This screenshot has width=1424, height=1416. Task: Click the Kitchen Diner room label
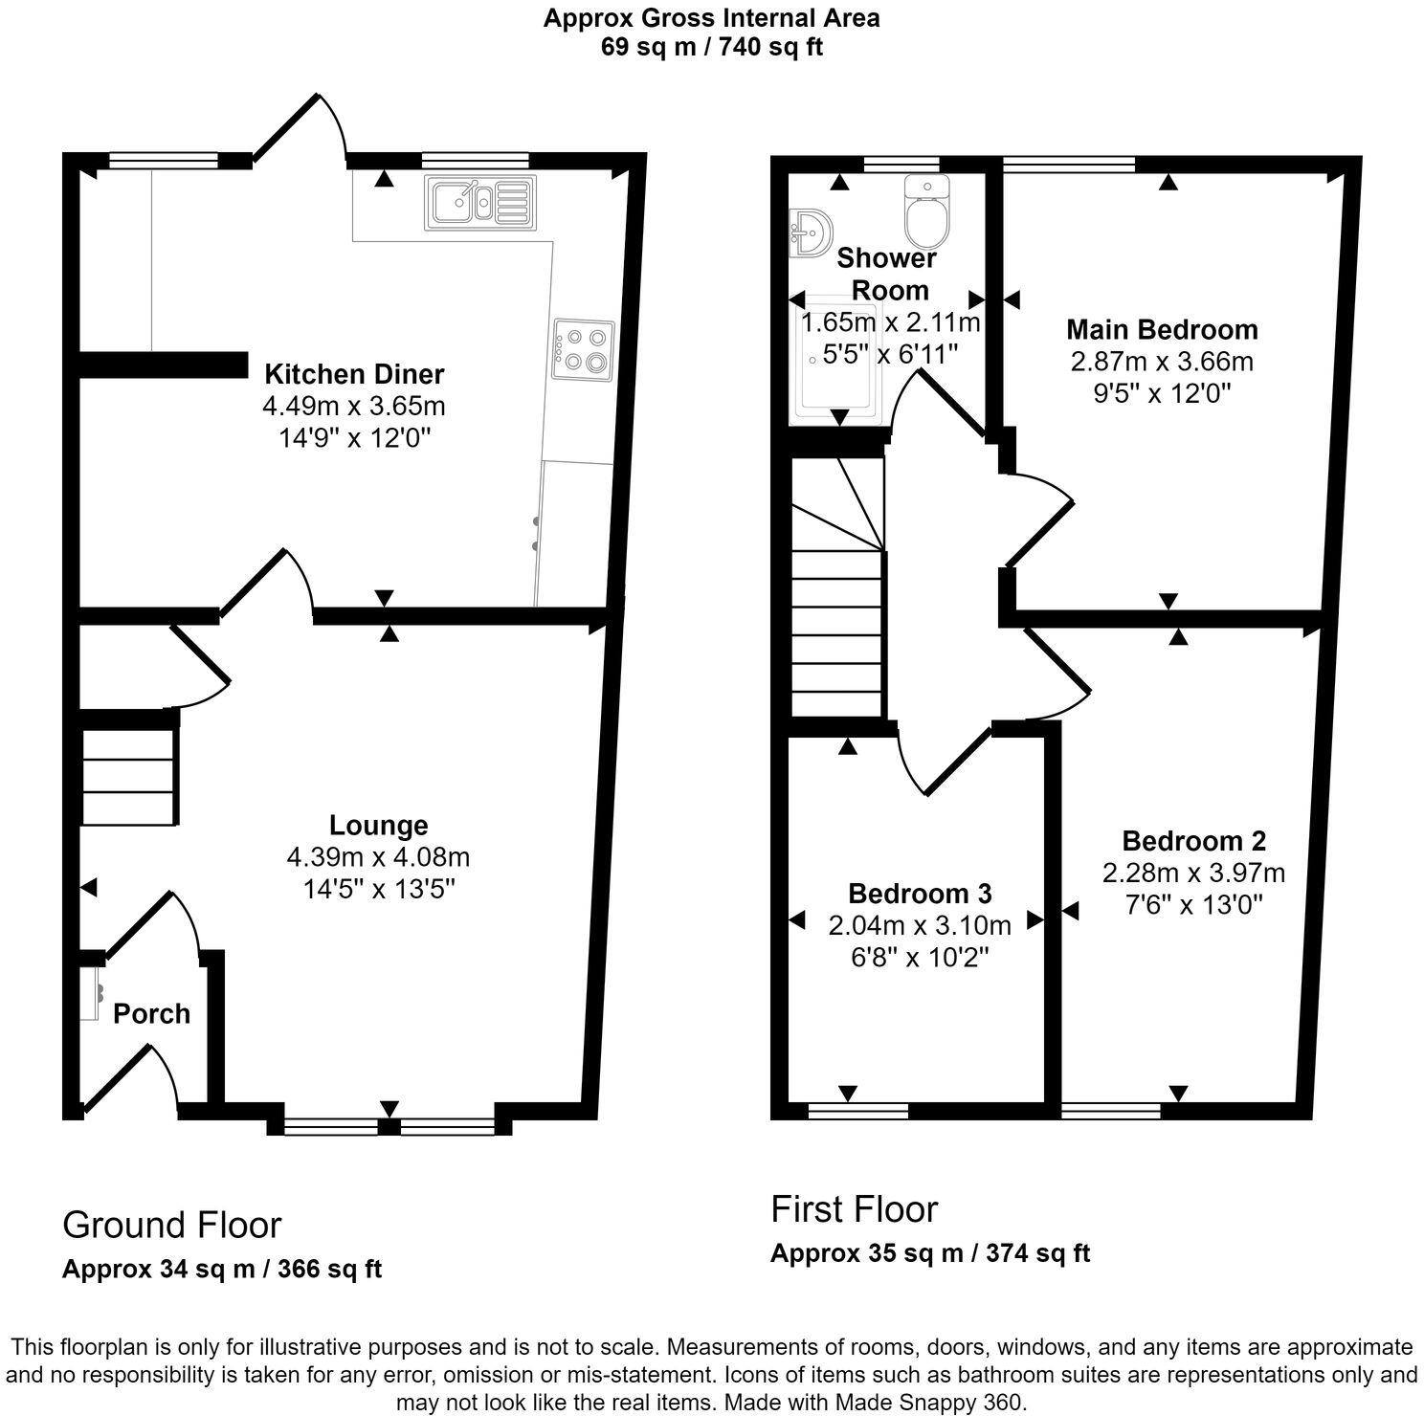(x=354, y=373)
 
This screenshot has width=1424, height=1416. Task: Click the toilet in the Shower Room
(x=926, y=212)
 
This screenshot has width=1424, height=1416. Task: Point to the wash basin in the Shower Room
(x=810, y=232)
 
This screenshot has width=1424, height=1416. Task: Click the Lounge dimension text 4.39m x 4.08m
(x=378, y=857)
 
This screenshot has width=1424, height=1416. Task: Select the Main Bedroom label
(x=1162, y=330)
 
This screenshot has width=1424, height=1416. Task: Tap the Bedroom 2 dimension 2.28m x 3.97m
(x=1193, y=873)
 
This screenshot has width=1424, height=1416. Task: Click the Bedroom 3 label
(x=920, y=894)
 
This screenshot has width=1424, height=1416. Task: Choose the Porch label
(x=151, y=1014)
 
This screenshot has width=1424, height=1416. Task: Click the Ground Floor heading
(x=172, y=1225)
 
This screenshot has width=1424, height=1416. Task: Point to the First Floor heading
(x=855, y=1209)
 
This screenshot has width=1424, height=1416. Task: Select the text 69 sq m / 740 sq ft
(x=711, y=47)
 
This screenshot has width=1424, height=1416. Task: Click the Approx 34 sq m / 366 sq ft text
(x=222, y=1269)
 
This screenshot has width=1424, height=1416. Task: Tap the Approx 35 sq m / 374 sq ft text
(x=930, y=1252)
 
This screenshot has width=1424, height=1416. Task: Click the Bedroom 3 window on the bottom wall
(x=857, y=1111)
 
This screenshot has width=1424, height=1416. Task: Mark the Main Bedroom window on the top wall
(x=1068, y=164)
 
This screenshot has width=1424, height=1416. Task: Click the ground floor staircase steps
(x=129, y=776)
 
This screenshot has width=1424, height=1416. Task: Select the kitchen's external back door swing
(x=299, y=128)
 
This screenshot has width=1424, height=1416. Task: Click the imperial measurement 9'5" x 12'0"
(x=1162, y=393)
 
